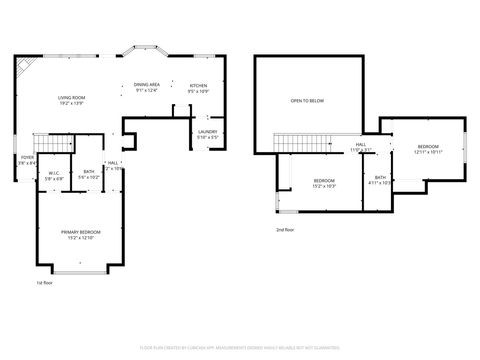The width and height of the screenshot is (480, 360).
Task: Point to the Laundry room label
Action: pos(207,134)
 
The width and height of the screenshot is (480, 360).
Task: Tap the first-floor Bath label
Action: pos(89,174)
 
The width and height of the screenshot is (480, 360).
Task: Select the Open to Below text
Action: pos(306,101)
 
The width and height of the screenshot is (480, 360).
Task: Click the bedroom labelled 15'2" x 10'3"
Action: pos(323,184)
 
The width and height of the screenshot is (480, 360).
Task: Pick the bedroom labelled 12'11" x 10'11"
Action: pos(428,149)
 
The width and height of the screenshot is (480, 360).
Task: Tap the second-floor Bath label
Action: pos(379,181)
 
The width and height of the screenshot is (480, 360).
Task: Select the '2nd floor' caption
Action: pos(285,229)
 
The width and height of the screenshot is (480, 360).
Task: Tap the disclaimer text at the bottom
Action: pos(240,348)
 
